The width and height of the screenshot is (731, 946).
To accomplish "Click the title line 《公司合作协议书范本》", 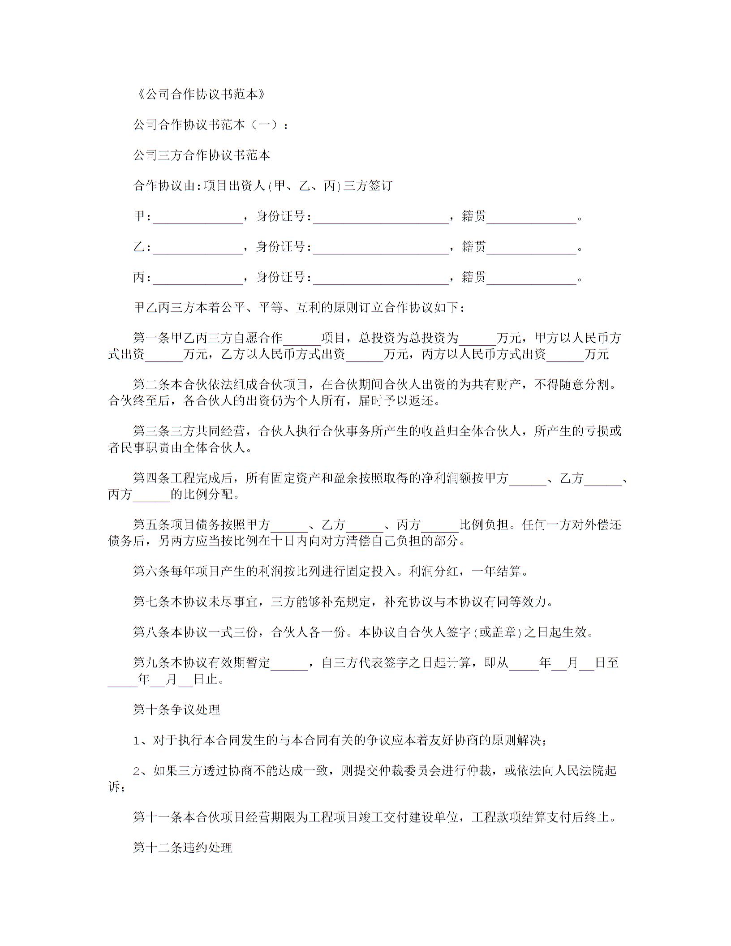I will point(200,95).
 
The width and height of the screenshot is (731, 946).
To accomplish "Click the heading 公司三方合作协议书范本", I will point(202,155).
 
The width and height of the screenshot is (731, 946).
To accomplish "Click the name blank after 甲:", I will point(198,218).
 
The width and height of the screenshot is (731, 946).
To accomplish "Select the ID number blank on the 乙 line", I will point(381,248).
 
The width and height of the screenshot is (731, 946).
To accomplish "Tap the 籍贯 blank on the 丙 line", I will point(531,279).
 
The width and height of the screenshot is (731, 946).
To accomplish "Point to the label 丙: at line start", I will point(142,278).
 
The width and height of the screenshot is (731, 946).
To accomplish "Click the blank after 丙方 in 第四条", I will point(151,496).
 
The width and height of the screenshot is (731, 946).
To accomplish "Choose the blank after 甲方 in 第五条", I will point(289,526).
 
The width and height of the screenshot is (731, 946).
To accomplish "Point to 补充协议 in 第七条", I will point(409,602).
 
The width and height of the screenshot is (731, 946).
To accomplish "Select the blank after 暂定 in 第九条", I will point(289,664).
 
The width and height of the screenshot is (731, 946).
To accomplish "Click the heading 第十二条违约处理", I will point(183,848).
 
